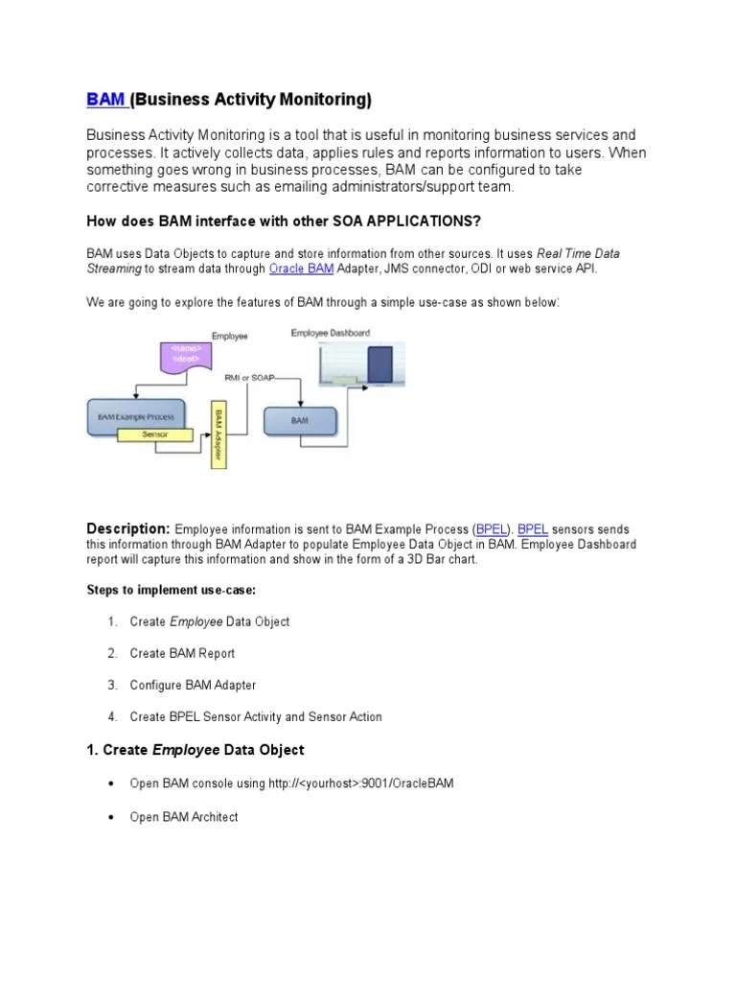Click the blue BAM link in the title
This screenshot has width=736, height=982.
[x=105, y=100]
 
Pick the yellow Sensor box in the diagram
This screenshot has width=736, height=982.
[x=154, y=435]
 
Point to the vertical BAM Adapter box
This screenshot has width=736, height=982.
[x=219, y=434]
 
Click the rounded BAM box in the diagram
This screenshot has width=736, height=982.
[x=299, y=422]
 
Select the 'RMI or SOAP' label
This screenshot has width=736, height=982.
[x=248, y=378]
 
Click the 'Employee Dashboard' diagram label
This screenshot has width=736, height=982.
[x=331, y=332]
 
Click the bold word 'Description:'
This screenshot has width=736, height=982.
[x=128, y=528]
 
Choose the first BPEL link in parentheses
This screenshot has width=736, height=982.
[x=493, y=529]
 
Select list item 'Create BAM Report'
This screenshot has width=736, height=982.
[x=182, y=653]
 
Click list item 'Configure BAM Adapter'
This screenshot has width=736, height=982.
[x=193, y=685]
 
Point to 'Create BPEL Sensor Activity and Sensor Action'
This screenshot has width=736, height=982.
[x=255, y=716]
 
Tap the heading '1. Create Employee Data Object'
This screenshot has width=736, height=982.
[x=195, y=749]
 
